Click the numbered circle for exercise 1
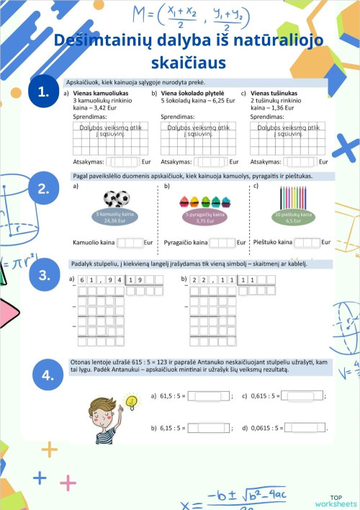44,91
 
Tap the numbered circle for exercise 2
44,189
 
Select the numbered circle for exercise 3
44,274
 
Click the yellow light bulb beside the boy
131,400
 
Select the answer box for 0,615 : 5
302,395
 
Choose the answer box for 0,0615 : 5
305,428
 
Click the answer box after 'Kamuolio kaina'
130,243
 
